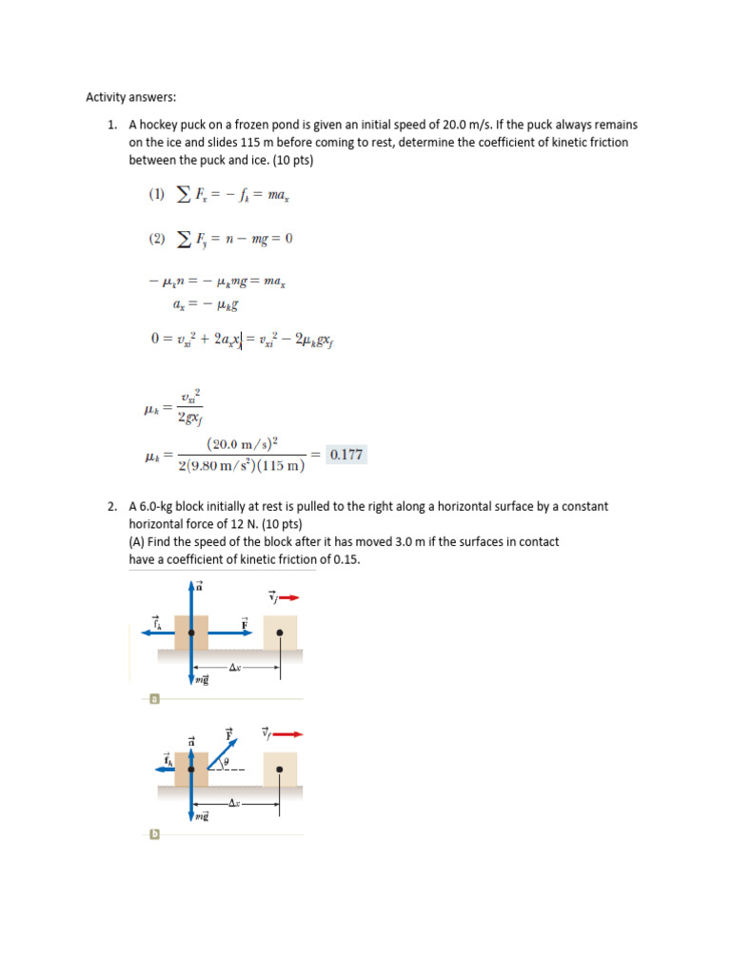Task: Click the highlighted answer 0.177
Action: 346,455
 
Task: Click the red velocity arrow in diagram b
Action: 288,734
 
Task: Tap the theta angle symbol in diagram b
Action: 226,763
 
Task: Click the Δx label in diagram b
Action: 234,804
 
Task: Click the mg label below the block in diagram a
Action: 201,680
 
